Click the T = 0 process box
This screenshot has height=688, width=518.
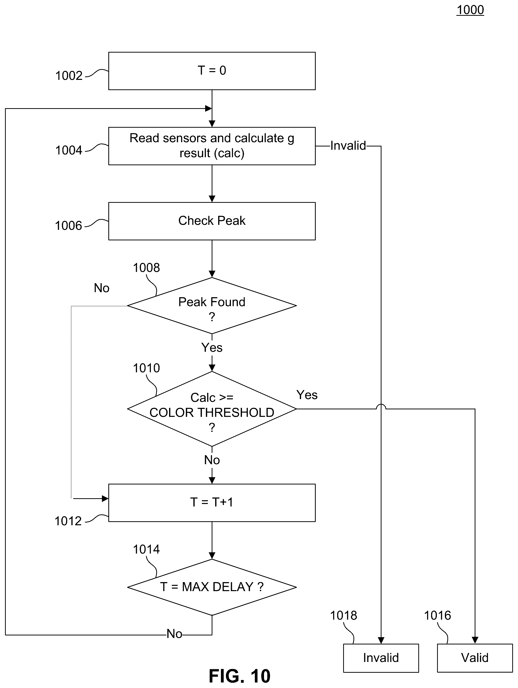point(212,71)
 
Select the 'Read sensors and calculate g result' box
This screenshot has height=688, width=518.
point(212,146)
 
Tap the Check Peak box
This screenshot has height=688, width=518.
point(212,221)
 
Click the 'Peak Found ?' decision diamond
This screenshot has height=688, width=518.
point(212,305)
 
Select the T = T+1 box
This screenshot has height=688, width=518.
point(212,503)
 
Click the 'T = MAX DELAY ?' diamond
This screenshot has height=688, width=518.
point(212,587)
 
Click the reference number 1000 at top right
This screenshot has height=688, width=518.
point(470,10)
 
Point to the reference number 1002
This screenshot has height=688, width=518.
point(69,76)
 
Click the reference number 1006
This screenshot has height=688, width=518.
point(68,226)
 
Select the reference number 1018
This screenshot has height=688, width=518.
point(343,615)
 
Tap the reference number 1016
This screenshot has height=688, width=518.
point(437,615)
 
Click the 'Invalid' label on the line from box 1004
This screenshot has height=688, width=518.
point(348,145)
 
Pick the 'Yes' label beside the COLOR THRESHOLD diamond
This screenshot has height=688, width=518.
point(307,395)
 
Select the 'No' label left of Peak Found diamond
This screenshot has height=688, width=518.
point(102,288)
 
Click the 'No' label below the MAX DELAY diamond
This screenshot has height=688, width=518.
point(174,634)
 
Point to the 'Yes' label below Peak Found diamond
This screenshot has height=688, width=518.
point(212,348)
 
